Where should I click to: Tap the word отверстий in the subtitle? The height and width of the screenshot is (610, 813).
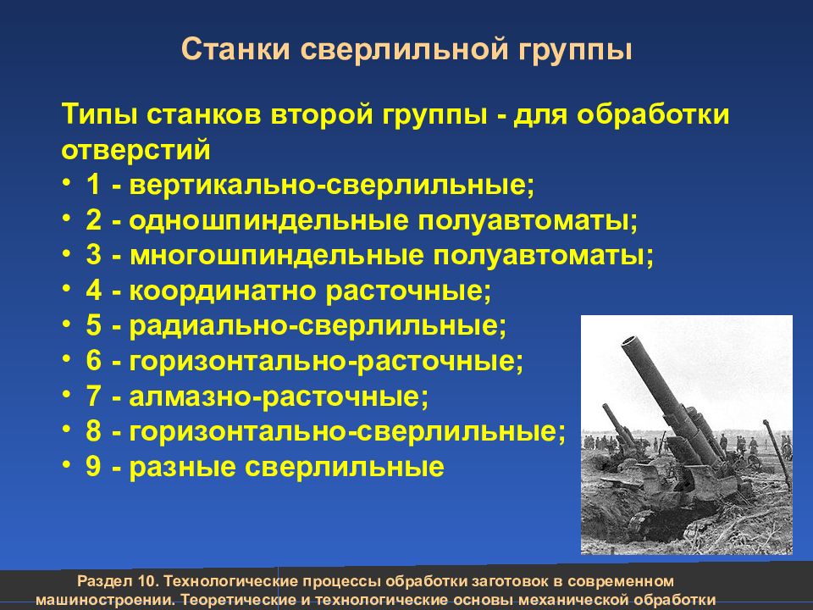coord(135,150)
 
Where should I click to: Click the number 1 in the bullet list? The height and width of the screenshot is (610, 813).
coord(93,184)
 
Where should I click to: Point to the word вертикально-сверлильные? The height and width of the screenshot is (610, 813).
coord(332,186)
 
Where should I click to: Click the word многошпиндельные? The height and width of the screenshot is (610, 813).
coord(277,256)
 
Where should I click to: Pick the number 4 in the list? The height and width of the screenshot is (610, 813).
coord(93,290)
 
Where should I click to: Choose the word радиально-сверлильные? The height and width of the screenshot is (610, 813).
coord(318,325)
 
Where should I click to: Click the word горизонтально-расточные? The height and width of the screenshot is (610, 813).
coord(326,361)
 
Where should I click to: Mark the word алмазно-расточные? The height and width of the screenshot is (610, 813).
coord(279,396)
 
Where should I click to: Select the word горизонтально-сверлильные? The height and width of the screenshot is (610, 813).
coord(347,431)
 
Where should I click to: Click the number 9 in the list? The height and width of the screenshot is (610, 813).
coord(93,466)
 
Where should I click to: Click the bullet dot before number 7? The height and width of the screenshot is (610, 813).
coord(66,393)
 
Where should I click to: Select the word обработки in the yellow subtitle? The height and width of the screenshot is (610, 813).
coord(653,114)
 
